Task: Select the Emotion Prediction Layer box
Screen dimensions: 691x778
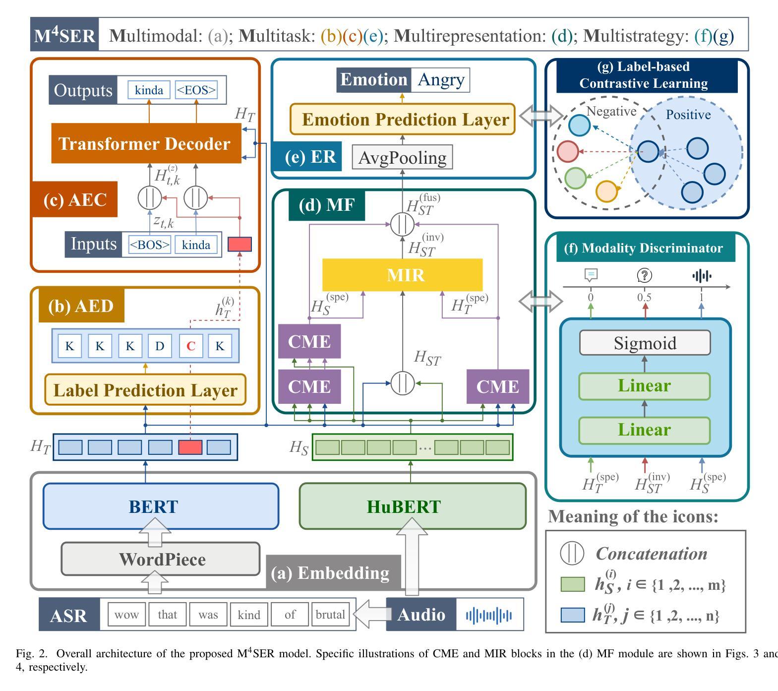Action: (x=403, y=119)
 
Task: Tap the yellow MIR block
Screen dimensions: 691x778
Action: (x=402, y=275)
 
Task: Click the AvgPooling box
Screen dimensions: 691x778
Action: (x=402, y=157)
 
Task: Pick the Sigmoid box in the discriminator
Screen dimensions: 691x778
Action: (x=645, y=343)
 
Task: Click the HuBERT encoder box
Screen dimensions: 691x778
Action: (x=413, y=506)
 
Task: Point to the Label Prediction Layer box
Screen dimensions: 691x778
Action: (x=145, y=390)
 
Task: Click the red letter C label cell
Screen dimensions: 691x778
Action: (x=190, y=346)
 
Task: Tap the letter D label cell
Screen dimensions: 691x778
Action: (x=160, y=346)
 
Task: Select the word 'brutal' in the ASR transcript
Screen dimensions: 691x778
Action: (x=330, y=615)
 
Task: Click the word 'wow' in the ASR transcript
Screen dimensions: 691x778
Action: (x=126, y=615)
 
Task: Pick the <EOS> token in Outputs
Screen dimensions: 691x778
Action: (x=196, y=90)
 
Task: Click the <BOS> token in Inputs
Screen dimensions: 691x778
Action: (x=149, y=245)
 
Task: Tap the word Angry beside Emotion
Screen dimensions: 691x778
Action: (x=440, y=80)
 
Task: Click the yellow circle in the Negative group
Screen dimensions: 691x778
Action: (x=606, y=191)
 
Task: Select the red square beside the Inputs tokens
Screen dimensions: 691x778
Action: (x=239, y=244)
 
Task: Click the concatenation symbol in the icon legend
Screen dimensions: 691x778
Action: (x=572, y=553)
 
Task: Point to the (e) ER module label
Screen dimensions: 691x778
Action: (x=307, y=157)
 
